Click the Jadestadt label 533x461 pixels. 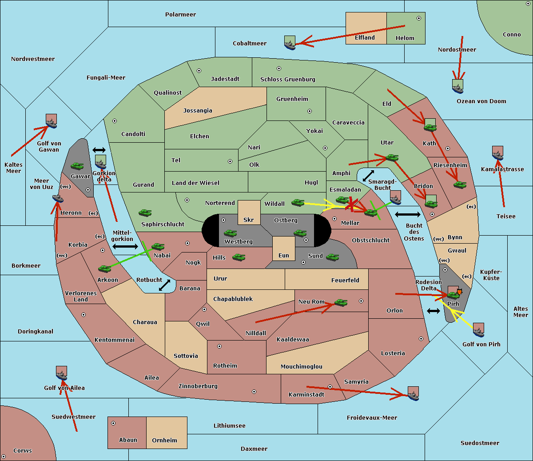click(225, 79)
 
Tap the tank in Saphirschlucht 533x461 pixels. click(145, 213)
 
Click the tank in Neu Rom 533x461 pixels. click(341, 302)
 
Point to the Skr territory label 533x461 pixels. click(248, 220)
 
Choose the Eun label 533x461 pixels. click(284, 255)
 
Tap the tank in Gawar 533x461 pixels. click(77, 166)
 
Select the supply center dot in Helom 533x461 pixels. click(419, 18)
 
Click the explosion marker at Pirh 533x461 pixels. click(459, 292)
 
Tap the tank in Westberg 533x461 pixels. click(230, 233)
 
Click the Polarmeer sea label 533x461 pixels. click(180, 15)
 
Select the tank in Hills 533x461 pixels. click(239, 257)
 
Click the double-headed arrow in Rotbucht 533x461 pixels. click(165, 285)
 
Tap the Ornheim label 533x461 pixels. click(164, 440)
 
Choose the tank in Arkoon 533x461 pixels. click(105, 269)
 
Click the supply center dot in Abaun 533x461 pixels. click(113, 423)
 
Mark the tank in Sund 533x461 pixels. click(332, 257)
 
